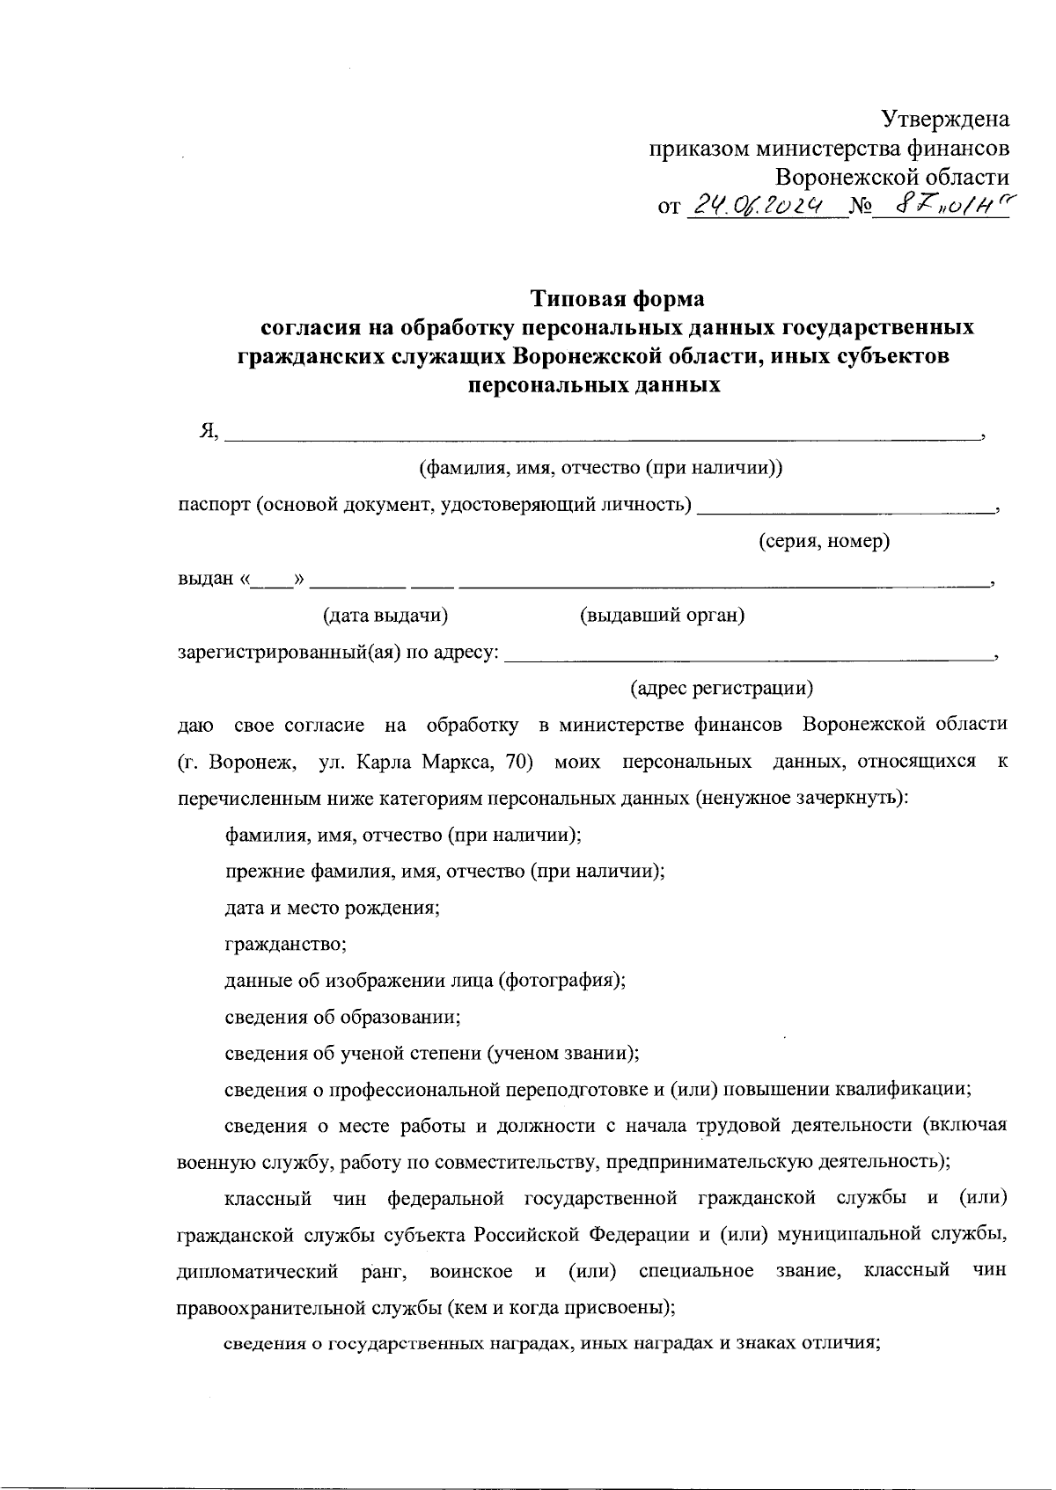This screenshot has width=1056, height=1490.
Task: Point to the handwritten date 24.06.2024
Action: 758,206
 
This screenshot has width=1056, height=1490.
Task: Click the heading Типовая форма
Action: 617,299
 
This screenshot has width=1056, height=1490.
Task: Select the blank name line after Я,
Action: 603,435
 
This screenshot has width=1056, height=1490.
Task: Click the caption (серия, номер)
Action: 825,542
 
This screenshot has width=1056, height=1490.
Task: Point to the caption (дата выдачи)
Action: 385,616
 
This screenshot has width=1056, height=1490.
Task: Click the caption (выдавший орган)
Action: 662,616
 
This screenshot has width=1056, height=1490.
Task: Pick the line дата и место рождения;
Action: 333,908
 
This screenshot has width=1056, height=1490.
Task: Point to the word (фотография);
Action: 562,981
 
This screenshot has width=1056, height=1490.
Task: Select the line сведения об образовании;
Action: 343,1017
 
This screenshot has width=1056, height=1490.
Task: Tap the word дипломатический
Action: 258,1272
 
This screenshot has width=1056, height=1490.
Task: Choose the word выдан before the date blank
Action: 206,580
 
